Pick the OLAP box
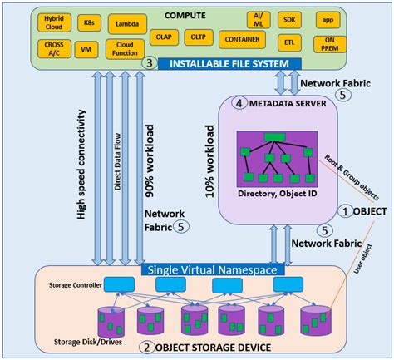tap(165, 37)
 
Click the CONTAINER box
tap(242, 38)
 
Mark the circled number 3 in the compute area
tap(149, 63)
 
